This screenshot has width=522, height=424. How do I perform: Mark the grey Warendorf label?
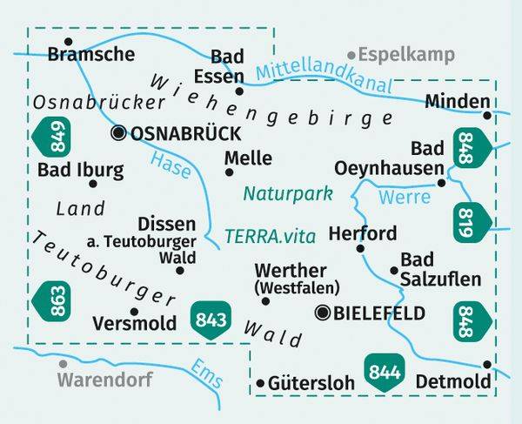pos(105,380)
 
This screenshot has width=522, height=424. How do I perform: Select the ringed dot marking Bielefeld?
pos(325,313)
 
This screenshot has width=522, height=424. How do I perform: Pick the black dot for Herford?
pos(359,249)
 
